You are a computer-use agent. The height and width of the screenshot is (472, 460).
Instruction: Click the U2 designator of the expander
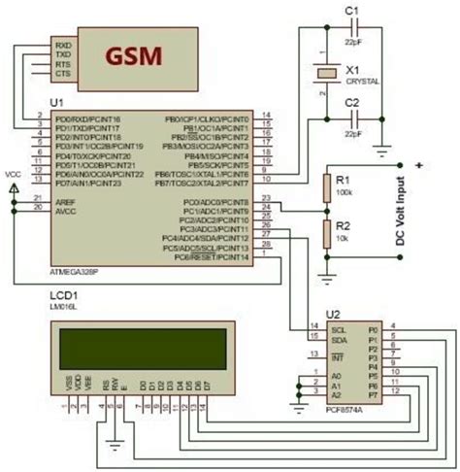(333, 313)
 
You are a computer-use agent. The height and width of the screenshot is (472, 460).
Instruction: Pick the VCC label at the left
(13, 174)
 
